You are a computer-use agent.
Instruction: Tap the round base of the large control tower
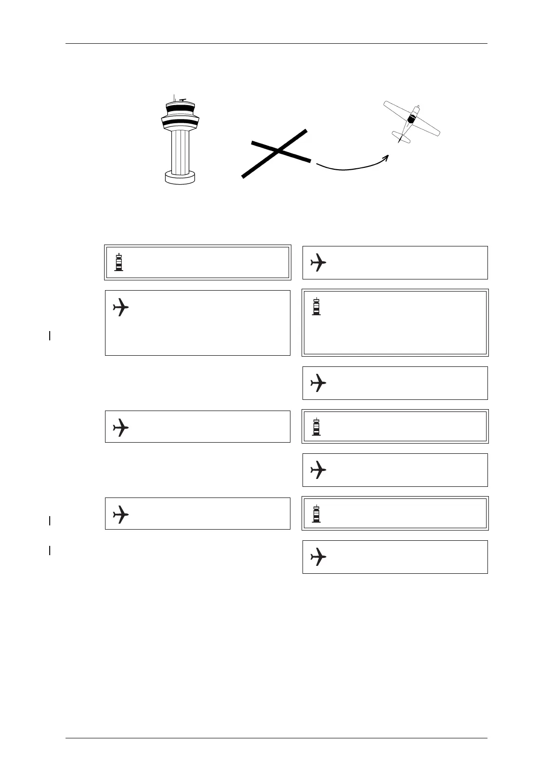(180, 177)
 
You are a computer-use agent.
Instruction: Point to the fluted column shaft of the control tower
(180, 151)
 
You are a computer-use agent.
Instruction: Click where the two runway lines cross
(277, 150)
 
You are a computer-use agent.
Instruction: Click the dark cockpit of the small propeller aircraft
(411, 119)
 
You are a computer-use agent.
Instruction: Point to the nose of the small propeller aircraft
(417, 108)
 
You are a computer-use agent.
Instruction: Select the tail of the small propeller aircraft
(400, 138)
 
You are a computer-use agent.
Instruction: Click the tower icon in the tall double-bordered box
(316, 307)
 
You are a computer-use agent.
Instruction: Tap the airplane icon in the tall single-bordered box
(121, 307)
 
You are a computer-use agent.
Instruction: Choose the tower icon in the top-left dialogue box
(119, 262)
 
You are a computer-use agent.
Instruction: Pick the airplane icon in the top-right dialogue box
(318, 262)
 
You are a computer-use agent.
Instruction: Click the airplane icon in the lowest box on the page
(318, 557)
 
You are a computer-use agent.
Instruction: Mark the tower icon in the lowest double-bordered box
(316, 514)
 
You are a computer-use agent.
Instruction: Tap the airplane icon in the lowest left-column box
(121, 514)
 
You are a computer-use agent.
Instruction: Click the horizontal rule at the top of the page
(276, 44)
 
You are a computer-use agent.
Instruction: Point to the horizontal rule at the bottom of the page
(276, 738)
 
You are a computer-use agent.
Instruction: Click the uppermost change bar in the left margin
(49, 335)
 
